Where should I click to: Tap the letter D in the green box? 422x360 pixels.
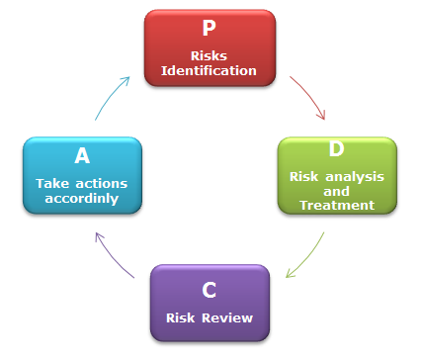point(336,150)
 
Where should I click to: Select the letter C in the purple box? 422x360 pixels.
point(209,290)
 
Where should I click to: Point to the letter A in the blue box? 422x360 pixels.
point(82,156)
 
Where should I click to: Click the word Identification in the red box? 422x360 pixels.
point(210,70)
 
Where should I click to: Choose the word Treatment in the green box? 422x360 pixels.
point(337,205)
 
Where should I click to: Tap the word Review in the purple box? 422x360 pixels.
point(230,318)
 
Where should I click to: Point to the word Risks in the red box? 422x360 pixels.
point(210,56)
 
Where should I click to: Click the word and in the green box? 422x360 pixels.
point(337,191)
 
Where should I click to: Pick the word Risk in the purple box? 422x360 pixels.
point(184,318)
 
